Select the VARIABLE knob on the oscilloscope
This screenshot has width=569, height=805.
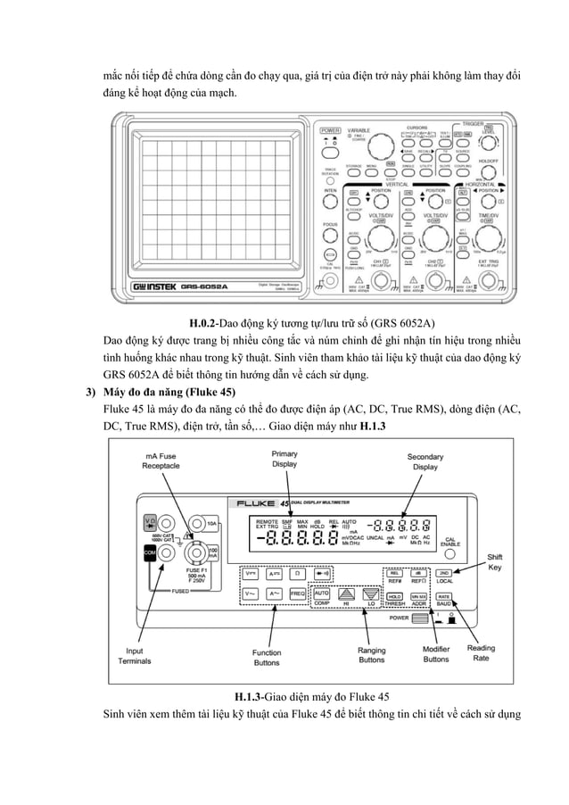(381, 148)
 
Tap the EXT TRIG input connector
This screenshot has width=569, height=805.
(487, 284)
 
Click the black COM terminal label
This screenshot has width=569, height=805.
(150, 552)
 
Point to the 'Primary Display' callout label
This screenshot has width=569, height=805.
(284, 459)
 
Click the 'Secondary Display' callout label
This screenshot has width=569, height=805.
(425, 461)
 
